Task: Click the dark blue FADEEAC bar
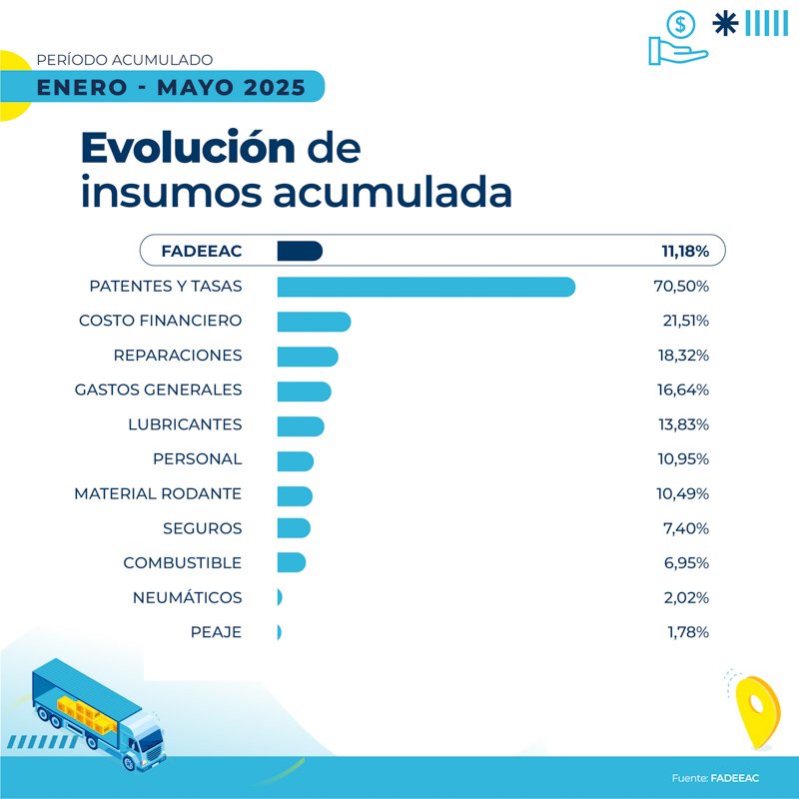click(299, 251)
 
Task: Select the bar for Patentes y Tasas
click(425, 287)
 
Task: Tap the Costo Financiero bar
click(313, 321)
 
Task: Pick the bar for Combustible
click(291, 562)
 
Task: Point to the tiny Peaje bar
click(279, 632)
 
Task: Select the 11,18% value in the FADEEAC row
click(682, 251)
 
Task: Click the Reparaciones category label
click(178, 356)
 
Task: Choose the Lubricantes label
click(185, 424)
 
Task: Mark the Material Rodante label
click(158, 493)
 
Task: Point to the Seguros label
click(202, 528)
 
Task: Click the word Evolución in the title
click(188, 148)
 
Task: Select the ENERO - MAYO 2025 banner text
click(171, 87)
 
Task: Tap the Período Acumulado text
click(124, 61)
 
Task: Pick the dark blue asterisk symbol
click(724, 23)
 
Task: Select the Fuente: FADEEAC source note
click(715, 777)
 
